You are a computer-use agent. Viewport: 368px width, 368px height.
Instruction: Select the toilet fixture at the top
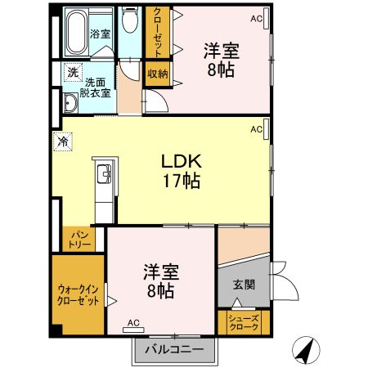pos(129,22)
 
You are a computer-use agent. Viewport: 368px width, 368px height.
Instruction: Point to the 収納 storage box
pos(157,73)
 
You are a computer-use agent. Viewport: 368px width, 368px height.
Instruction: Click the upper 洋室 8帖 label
pos(219,59)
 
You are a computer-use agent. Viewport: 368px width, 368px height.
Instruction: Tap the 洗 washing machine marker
pos(72,73)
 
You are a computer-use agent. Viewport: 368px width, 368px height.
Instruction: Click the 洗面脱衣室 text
pos(95,88)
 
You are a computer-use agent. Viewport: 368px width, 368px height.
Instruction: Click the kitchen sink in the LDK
pos(105,174)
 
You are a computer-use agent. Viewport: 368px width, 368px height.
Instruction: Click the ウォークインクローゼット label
pos(79,294)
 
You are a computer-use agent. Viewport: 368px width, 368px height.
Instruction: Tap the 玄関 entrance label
pos(244,285)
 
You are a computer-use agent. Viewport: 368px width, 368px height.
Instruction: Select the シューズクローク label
pos(243,323)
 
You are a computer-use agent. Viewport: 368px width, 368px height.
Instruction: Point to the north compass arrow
pos(306,350)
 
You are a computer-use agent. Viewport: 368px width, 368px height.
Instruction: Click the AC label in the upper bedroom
pos(257,18)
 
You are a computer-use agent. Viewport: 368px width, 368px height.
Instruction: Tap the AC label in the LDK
pos(256,129)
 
